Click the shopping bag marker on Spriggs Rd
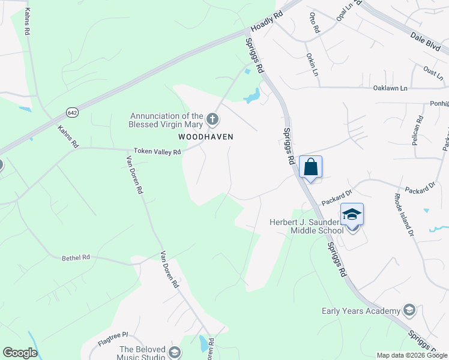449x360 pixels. pyautogui.click(x=311, y=167)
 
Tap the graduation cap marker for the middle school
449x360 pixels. pyautogui.click(x=352, y=214)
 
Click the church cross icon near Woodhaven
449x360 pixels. pyautogui.click(x=212, y=120)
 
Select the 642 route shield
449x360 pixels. pyautogui.click(x=72, y=113)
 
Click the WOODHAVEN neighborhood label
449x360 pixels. pyautogui.click(x=205, y=137)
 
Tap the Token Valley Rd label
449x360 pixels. pyautogui.click(x=157, y=152)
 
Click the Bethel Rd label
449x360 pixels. pyautogui.click(x=76, y=257)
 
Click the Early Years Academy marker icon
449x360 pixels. pyautogui.click(x=409, y=310)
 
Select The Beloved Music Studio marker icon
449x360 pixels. pyautogui.click(x=175, y=352)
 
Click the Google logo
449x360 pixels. pyautogui.click(x=20, y=353)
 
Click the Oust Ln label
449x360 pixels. pyautogui.click(x=433, y=71)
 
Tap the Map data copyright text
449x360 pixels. pyautogui.click(x=412, y=355)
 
